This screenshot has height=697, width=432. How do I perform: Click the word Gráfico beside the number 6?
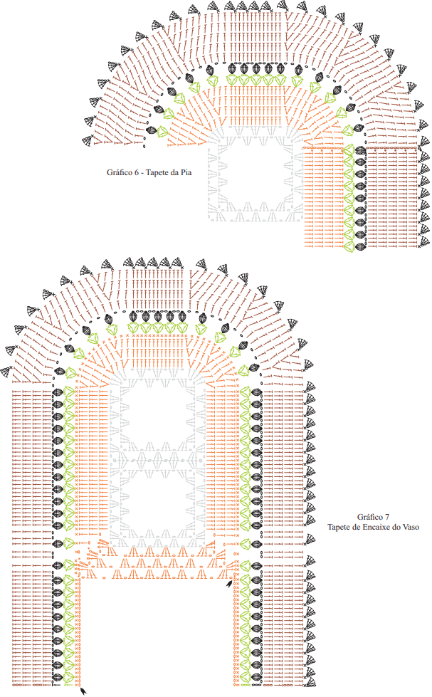point(119,172)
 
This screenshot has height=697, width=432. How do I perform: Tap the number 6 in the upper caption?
point(136,172)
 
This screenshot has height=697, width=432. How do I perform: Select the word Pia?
point(186,172)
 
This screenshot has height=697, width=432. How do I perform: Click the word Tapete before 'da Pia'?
point(157,172)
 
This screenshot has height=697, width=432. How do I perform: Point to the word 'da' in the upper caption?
point(174,172)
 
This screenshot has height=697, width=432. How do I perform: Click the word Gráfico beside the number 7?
point(370,517)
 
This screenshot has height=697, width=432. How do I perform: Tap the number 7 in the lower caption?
point(387,517)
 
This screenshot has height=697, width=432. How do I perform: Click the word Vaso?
point(411,527)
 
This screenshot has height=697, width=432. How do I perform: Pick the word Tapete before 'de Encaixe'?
point(339,527)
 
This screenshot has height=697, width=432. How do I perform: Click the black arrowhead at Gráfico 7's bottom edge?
point(83,691)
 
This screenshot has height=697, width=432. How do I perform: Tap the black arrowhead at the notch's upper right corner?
point(229,583)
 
